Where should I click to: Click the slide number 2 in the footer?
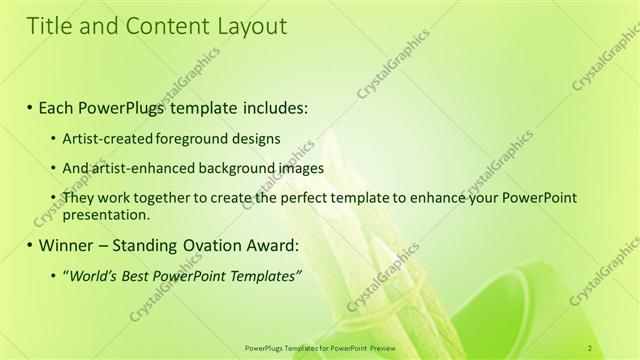click(590, 347)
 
